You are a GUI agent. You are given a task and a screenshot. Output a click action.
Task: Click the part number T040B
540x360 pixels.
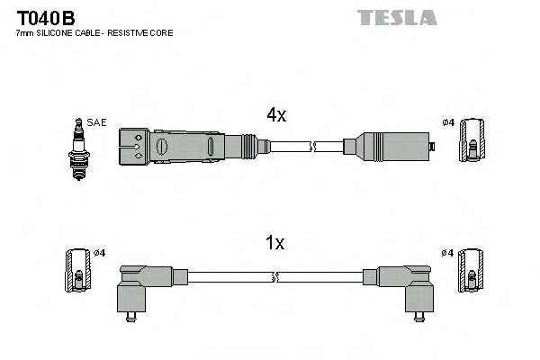(45, 17)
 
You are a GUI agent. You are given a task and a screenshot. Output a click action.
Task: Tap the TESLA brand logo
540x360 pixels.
(396, 17)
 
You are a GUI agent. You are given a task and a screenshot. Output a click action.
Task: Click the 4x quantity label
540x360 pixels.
(275, 114)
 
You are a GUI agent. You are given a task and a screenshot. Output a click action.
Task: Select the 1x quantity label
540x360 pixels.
(275, 243)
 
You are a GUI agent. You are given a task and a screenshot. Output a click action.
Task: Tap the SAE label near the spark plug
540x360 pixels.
(95, 122)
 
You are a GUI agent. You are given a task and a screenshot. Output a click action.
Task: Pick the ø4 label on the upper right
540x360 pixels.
(447, 122)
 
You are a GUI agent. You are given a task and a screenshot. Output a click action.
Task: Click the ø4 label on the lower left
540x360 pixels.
(99, 253)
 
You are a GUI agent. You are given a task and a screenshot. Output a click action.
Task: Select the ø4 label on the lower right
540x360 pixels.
(447, 253)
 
